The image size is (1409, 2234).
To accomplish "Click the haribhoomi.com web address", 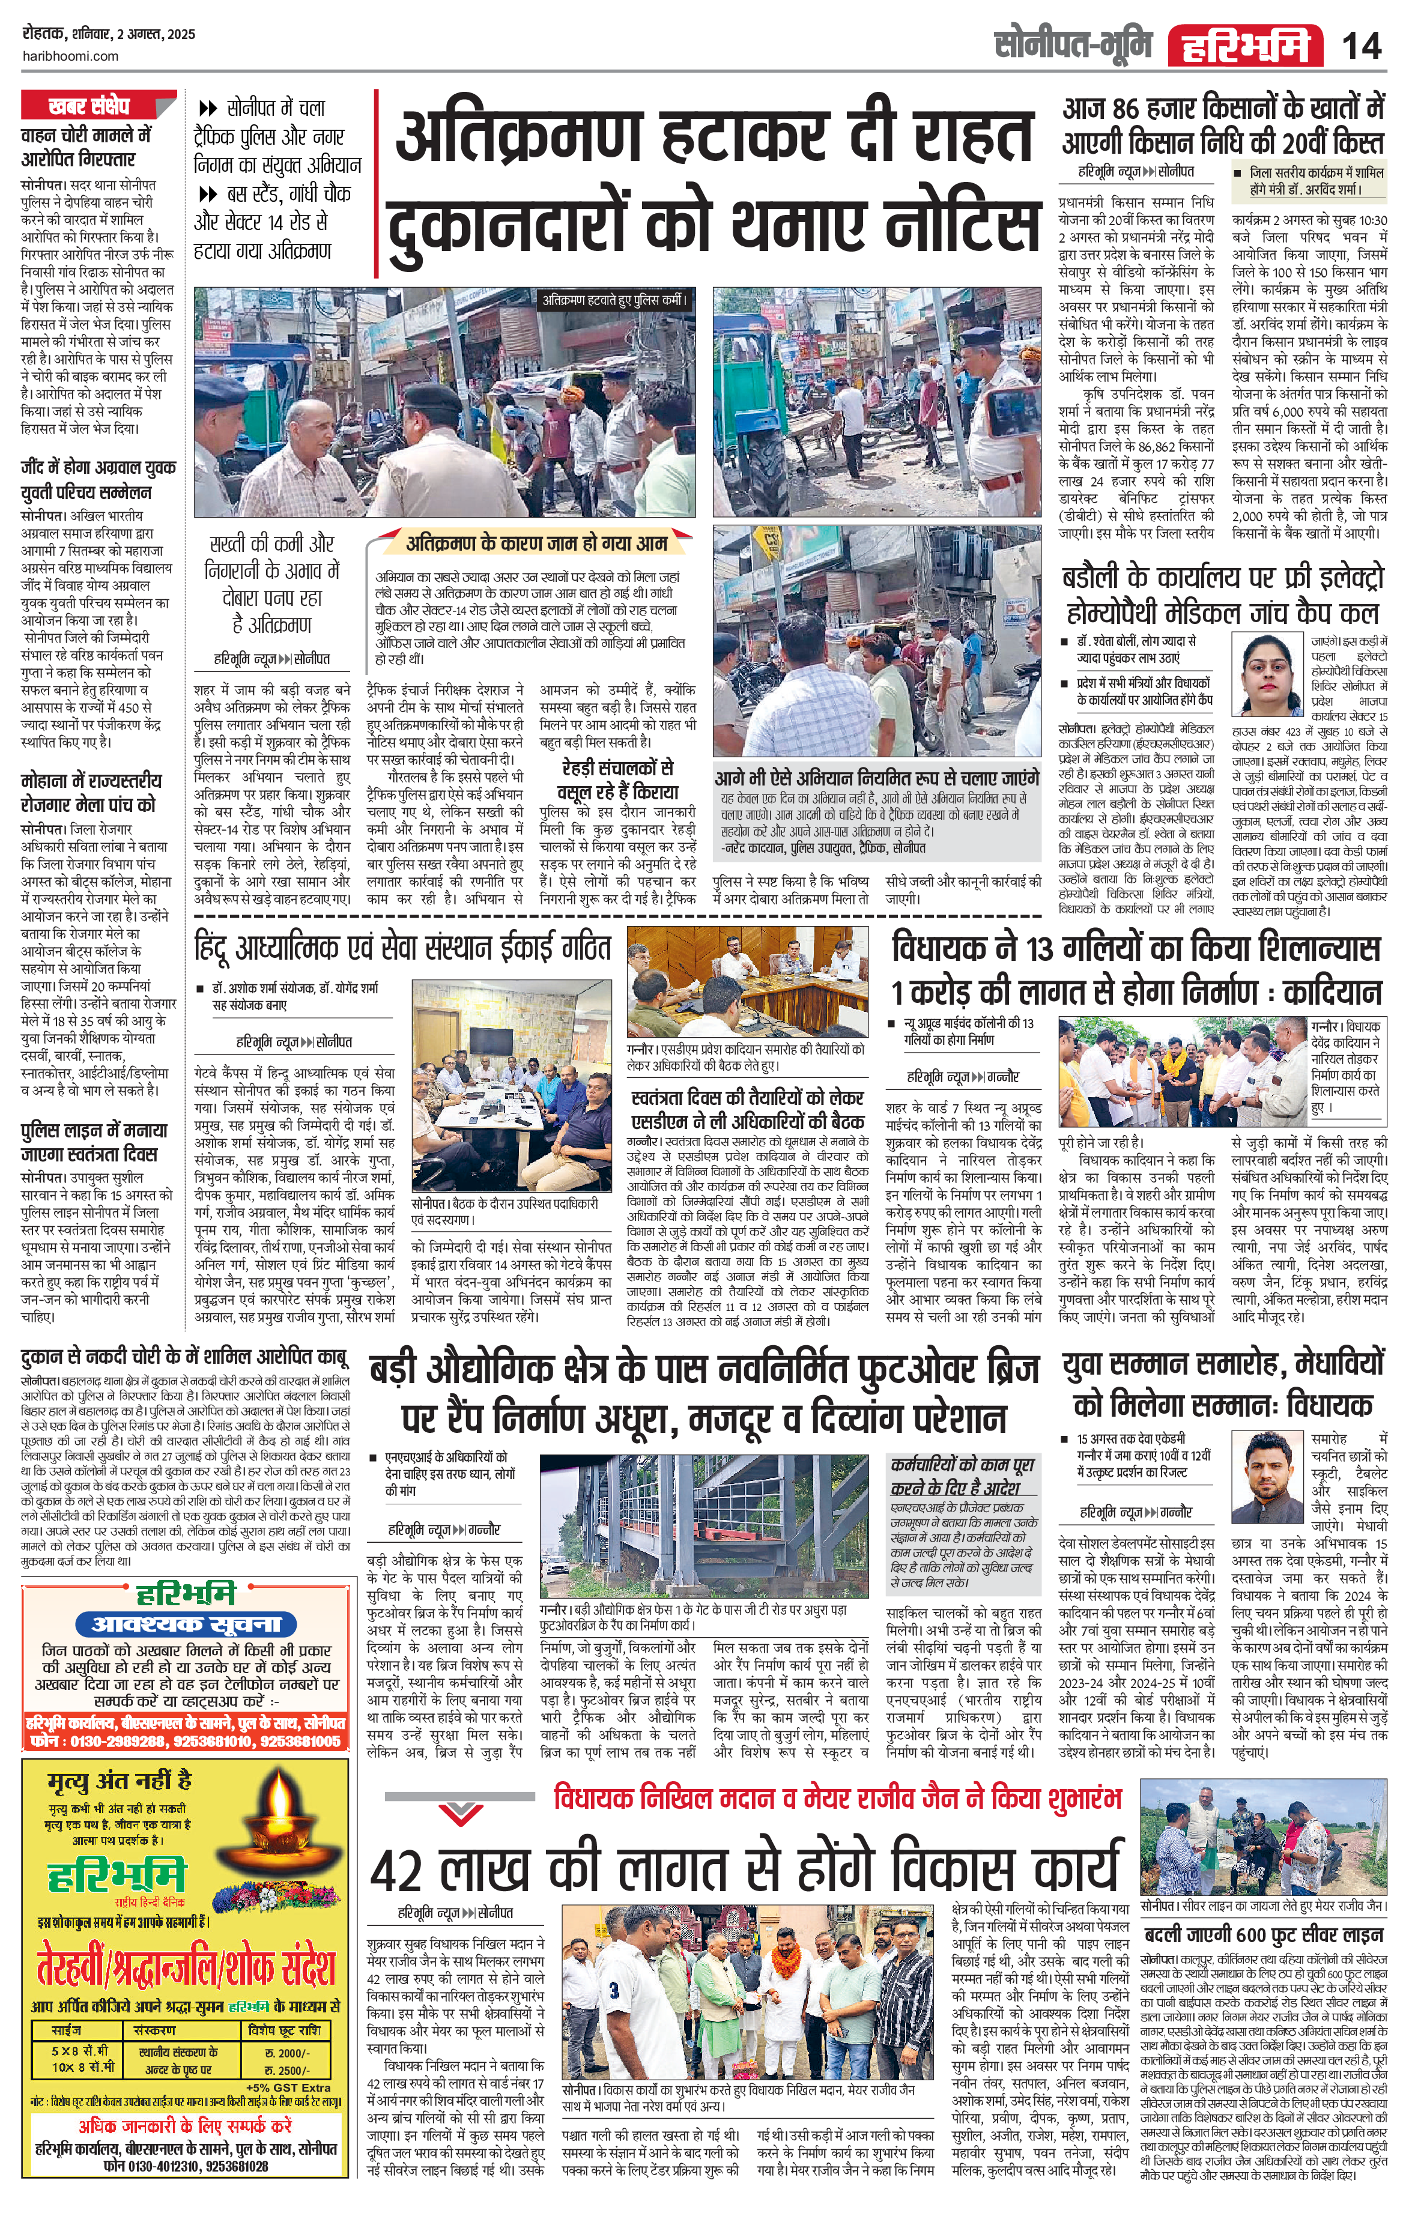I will point(70,56).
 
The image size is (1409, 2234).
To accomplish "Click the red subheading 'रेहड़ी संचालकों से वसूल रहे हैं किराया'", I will point(616,780).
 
